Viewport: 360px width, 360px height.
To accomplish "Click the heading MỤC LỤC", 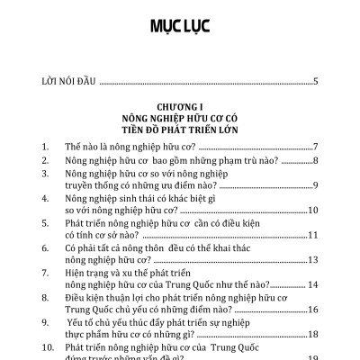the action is click(180, 25).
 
